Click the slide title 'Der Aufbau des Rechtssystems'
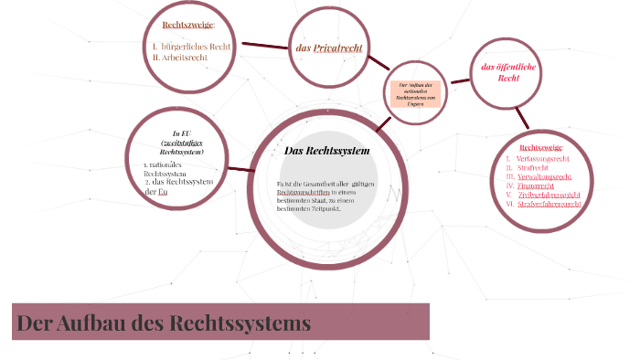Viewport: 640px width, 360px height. [163, 323]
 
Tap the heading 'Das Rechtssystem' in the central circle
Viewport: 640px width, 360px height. [326, 150]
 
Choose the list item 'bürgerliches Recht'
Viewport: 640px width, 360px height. [197, 46]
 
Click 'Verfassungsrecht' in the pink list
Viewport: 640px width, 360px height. [545, 158]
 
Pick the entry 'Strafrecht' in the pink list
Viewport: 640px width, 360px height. [532, 167]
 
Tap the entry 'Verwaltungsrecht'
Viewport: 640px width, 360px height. [545, 176]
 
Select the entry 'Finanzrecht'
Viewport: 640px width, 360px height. [536, 185]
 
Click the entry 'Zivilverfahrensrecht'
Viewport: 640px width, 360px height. [549, 195]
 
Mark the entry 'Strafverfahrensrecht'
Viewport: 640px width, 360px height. [549, 204]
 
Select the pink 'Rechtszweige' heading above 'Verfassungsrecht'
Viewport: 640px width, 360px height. [541, 147]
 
